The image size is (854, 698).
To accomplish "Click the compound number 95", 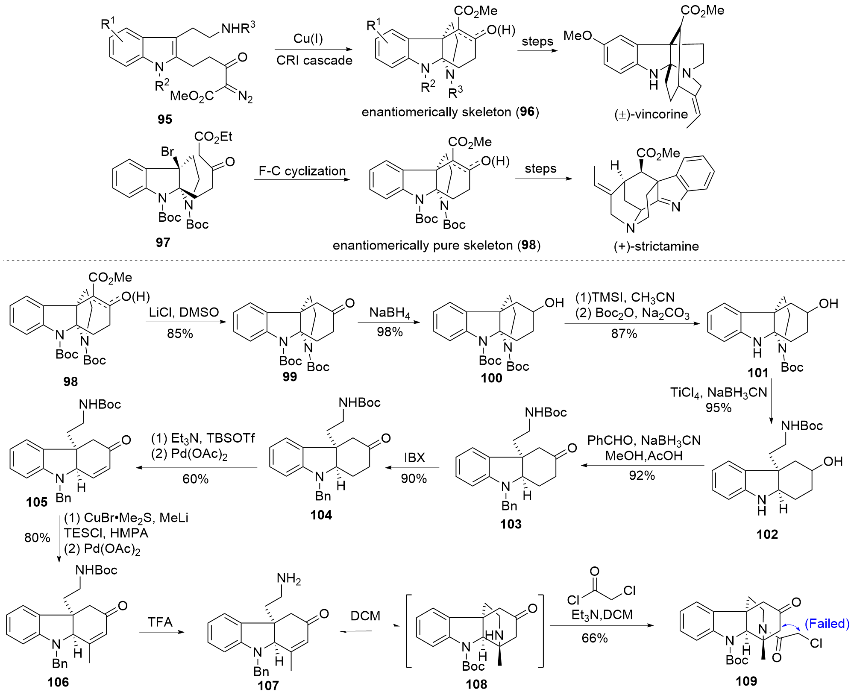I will (164, 119).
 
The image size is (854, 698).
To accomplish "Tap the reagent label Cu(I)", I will (308, 38).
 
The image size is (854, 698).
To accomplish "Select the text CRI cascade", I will (314, 60).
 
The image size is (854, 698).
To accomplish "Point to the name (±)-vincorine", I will (651, 114).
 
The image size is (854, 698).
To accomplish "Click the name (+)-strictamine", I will (656, 246).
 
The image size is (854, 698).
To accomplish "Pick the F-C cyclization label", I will (302, 171).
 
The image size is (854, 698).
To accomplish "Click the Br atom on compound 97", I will (167, 151).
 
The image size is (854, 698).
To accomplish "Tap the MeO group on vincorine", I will (578, 36).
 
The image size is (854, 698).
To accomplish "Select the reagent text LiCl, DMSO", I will (184, 312).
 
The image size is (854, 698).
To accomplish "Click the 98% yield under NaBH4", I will (389, 332).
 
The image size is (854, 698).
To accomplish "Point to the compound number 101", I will (758, 373).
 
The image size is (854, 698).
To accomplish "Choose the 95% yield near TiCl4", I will (718, 408).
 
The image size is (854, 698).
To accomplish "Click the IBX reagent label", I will (414, 458).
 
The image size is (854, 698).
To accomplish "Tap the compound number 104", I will (321, 515).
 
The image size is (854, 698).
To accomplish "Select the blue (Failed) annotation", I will (827, 624).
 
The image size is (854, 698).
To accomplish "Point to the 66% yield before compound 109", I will (594, 638).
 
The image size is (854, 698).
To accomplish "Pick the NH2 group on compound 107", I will (289, 579).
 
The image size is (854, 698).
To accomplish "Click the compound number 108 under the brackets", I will (476, 684).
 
